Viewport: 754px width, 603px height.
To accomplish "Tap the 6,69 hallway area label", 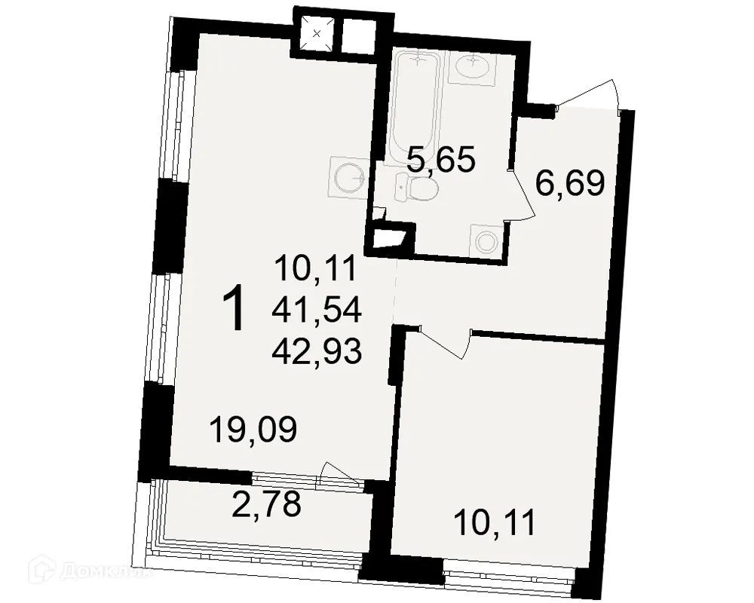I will [x=569, y=182].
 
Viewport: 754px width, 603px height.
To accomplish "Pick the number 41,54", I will [x=317, y=308].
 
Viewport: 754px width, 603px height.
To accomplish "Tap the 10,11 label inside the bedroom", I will [x=495, y=522].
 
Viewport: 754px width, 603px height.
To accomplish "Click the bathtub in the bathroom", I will [x=415, y=103].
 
